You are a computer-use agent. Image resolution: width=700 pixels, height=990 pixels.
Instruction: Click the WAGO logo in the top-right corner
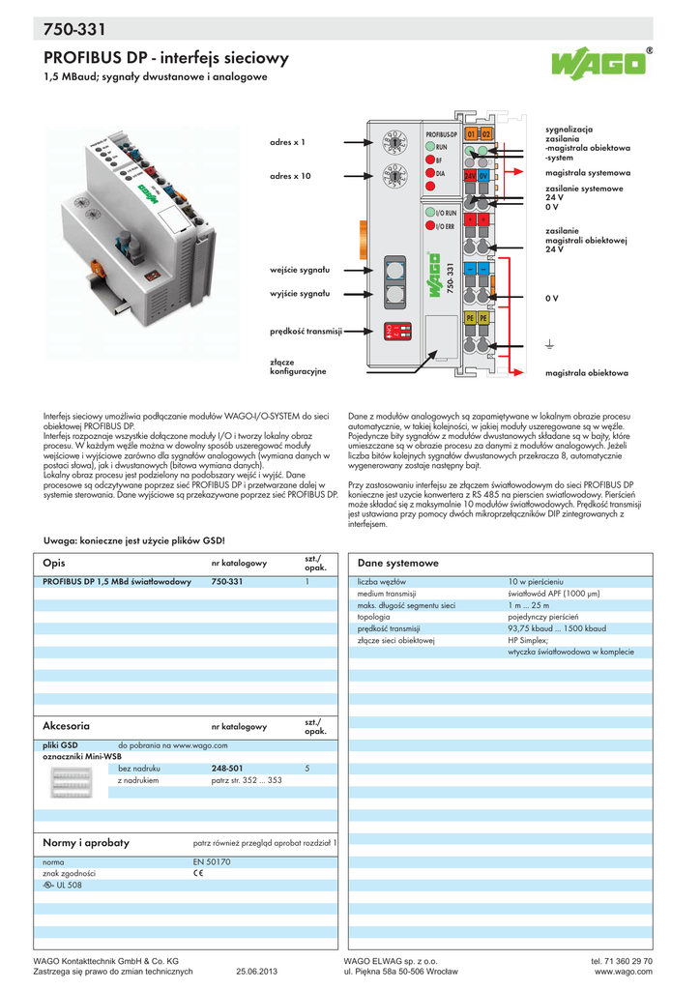598,65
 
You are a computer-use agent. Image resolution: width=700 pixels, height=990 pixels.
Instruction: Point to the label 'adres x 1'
287,142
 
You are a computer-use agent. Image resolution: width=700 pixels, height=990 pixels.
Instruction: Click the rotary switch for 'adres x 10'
394,176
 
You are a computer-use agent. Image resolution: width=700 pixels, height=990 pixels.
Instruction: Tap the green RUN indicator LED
429,146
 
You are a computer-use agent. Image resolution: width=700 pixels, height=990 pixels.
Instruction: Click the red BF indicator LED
429,160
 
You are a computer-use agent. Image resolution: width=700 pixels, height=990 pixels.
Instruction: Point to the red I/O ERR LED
429,225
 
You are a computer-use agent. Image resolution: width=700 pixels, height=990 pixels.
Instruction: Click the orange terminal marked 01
471,133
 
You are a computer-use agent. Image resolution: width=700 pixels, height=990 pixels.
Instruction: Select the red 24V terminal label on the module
471,177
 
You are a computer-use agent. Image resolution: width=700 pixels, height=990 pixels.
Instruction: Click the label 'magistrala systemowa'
588,172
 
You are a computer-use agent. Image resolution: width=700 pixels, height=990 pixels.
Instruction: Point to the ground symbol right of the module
548,343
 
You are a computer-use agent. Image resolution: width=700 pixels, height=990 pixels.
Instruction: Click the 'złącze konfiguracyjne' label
298,365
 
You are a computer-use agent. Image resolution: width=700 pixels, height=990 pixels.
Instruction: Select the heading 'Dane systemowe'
398,563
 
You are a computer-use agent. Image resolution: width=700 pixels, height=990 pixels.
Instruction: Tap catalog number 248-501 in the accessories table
226,768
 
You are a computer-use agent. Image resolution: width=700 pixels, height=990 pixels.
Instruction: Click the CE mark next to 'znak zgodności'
198,872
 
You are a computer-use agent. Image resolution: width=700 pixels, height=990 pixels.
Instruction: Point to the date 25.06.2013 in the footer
256,972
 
